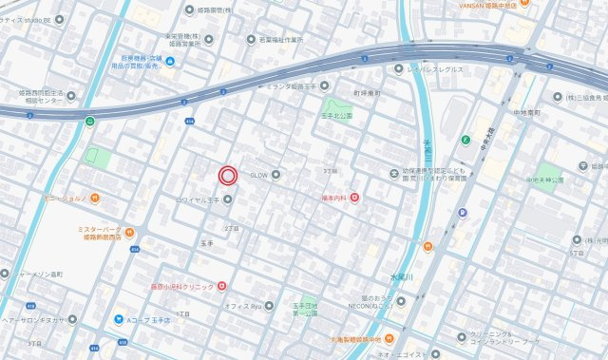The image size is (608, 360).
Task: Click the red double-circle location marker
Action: (x=228, y=175)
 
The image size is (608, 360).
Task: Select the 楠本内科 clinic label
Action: (x=332, y=198)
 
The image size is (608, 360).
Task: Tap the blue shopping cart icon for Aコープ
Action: (x=119, y=320)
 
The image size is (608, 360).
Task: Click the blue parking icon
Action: (x=463, y=213)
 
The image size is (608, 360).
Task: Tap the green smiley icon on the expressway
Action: (x=90, y=121)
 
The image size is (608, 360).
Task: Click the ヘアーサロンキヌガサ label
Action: (x=33, y=320)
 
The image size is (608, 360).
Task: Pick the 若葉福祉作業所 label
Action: (x=275, y=40)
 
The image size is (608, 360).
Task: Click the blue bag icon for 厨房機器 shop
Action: (x=169, y=64)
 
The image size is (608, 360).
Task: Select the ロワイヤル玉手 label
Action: (x=199, y=199)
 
